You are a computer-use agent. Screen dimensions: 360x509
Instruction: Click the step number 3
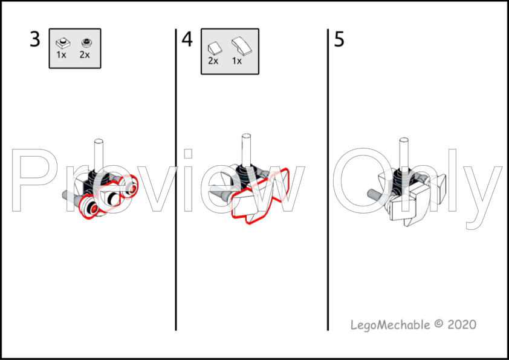(x=35, y=40)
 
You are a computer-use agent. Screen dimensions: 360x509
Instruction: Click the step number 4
(x=187, y=40)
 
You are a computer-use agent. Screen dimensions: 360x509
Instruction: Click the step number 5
(x=339, y=40)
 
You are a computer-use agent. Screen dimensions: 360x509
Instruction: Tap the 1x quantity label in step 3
(x=62, y=54)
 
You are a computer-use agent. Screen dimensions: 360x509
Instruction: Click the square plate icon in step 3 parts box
(x=62, y=42)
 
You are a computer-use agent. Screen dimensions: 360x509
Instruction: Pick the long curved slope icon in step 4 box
(x=239, y=45)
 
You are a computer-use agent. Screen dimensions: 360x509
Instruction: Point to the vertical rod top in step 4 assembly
(x=247, y=137)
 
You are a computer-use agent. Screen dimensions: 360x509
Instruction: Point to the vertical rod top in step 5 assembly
(x=401, y=143)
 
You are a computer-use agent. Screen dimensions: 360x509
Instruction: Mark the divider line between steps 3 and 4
(x=176, y=182)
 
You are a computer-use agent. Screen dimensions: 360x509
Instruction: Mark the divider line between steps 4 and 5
(x=328, y=182)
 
